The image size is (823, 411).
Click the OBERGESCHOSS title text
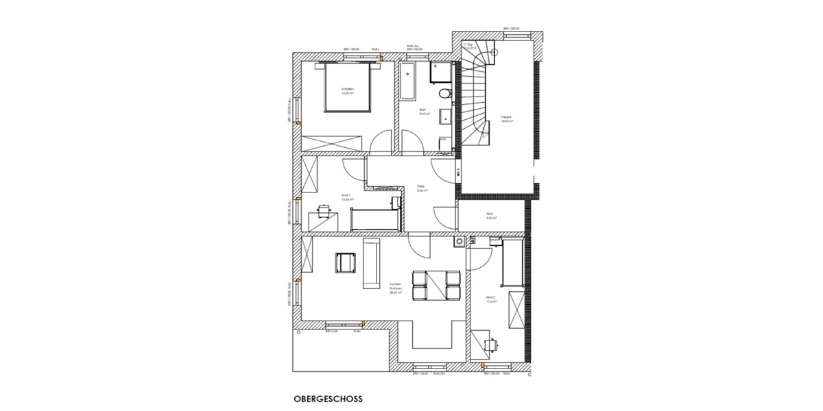pos(328,398)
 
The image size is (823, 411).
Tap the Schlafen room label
pos(348,91)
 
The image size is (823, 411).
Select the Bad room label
pos(424,112)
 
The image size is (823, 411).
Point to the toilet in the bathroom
pos(442,93)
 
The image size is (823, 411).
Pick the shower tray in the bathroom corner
pos(440,72)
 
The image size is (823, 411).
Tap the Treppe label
pos(507,118)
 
